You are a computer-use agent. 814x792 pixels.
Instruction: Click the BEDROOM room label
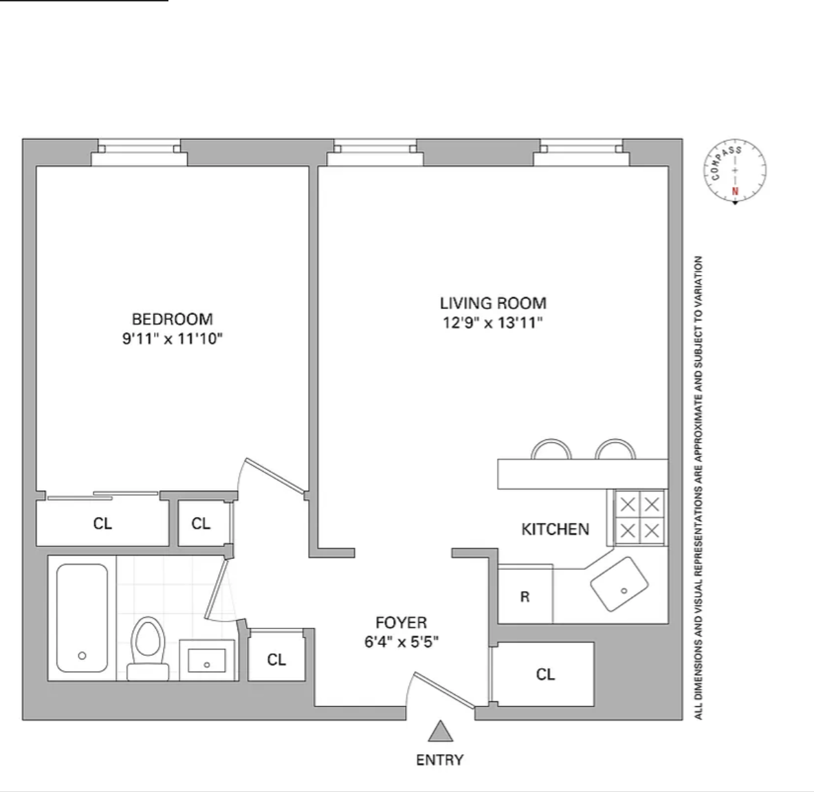point(173,319)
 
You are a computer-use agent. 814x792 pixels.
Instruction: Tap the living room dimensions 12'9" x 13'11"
point(493,323)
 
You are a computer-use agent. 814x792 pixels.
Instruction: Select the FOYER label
point(401,622)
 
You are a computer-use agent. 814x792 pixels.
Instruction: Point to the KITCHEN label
point(555,529)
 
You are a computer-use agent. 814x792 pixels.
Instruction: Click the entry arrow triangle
point(440,731)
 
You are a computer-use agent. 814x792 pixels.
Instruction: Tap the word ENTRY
point(440,760)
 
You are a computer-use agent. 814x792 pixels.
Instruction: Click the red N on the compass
point(735,191)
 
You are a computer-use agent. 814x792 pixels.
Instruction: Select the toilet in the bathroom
point(148,649)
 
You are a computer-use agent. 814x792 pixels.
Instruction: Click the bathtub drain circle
point(82,655)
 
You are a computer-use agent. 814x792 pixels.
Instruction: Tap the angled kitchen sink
point(619,584)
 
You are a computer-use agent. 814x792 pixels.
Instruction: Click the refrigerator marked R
point(525,594)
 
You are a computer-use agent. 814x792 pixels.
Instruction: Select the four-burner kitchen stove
point(639,518)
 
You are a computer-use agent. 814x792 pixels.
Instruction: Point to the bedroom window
point(139,152)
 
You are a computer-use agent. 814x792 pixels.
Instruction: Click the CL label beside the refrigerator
point(546,674)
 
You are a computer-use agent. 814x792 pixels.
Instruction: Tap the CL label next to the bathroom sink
point(276,659)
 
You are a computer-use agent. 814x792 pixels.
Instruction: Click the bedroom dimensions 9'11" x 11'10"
point(173,339)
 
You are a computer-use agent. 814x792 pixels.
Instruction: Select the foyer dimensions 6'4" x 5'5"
point(401,643)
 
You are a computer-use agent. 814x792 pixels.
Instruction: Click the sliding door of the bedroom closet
point(103,496)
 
